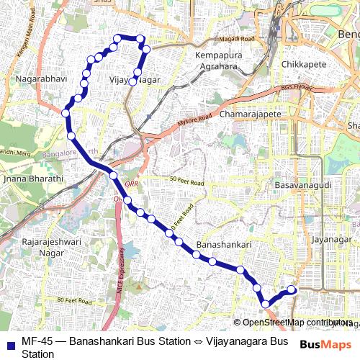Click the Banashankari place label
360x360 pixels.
223,245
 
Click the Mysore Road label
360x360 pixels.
195,120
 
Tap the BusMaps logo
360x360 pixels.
325,345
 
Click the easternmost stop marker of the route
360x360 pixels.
292,289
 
